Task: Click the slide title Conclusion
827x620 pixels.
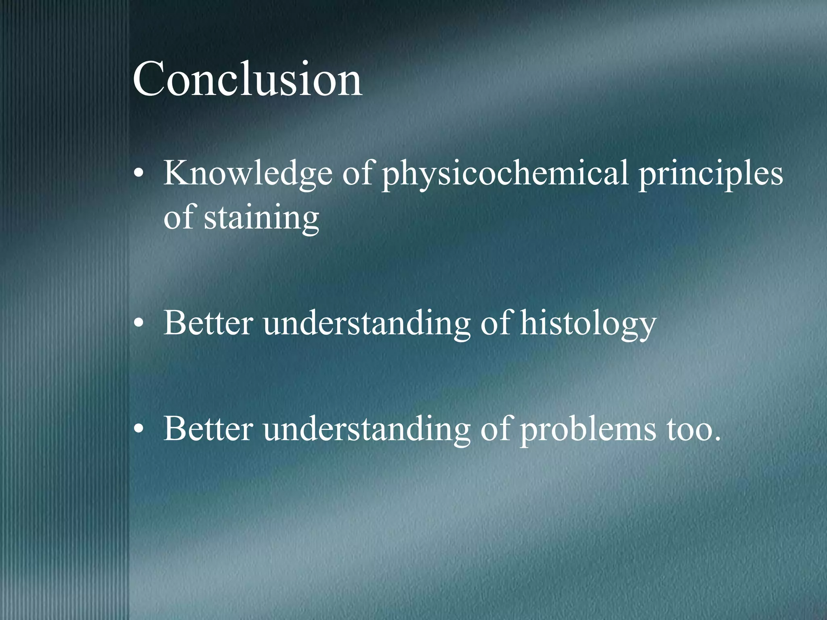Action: pos(247,79)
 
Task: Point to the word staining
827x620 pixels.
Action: pos(261,218)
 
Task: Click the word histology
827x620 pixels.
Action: pos(588,324)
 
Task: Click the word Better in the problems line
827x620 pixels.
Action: pos(208,429)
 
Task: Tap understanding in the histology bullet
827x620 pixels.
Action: pos(367,324)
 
